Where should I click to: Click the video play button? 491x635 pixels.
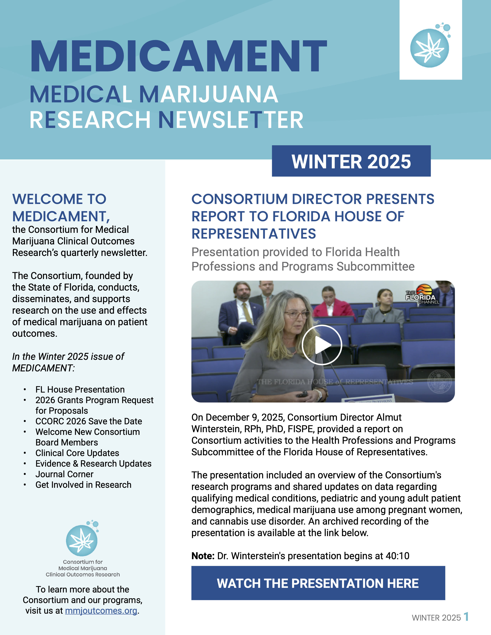(322, 345)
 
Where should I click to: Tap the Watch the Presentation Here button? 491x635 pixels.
(318, 583)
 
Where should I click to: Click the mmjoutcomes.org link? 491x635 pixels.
(101, 611)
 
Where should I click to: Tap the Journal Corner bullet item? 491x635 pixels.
(64, 474)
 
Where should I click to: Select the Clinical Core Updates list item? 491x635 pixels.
(77, 453)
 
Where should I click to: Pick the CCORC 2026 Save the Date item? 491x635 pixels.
(89, 421)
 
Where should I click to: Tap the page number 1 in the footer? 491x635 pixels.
(466, 616)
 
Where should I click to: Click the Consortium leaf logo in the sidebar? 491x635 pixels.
(82, 539)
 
